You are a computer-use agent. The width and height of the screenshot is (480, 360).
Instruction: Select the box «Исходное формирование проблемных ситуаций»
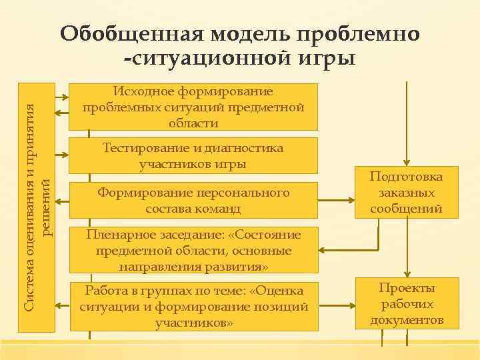pos(193,107)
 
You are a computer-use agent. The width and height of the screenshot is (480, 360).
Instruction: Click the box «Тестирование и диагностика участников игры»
pos(193,155)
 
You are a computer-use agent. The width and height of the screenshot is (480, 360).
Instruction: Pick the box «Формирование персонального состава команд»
pos(193,200)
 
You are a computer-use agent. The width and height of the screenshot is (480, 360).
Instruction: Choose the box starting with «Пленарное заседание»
pos(193,251)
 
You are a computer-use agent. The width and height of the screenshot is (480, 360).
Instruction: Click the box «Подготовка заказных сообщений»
pos(407,193)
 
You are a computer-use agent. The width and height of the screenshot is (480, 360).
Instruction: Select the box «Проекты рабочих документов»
pos(407,304)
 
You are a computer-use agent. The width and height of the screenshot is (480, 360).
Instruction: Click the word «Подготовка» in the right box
pos(407,177)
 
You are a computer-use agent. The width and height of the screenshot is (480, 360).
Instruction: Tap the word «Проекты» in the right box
pos(407,288)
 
